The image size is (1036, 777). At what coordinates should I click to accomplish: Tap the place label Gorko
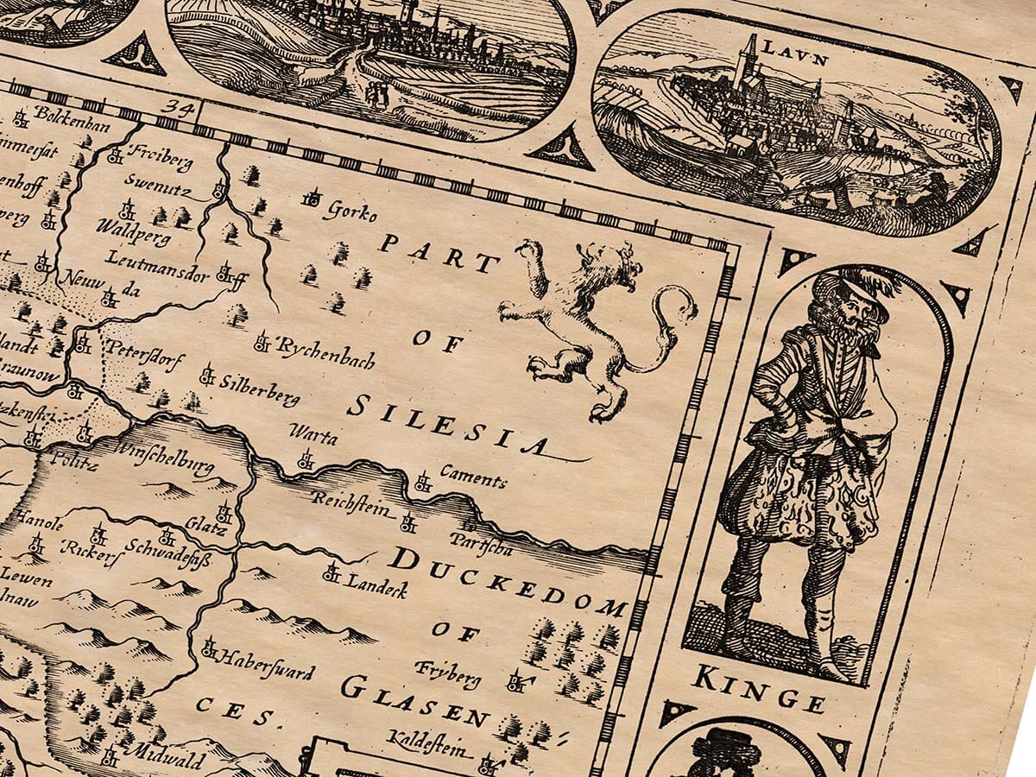tap(349, 207)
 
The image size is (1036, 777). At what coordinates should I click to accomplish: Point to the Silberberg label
tap(258, 389)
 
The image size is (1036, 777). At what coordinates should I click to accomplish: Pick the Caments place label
tap(473, 475)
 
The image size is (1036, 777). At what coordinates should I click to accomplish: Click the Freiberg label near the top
tap(159, 159)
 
